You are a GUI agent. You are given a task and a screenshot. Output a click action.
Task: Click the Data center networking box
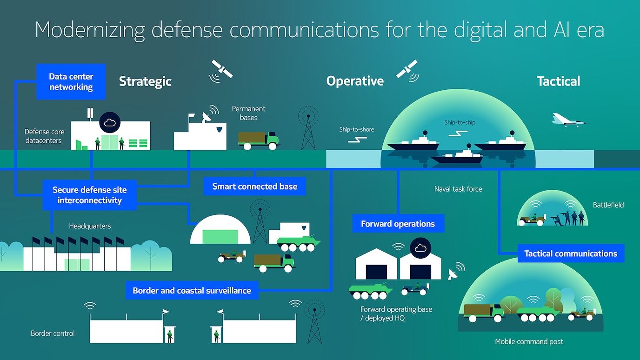(x=71, y=82)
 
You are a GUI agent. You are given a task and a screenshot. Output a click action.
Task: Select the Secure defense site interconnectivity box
(x=90, y=195)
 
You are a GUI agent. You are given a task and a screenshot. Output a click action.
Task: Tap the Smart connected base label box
(x=255, y=187)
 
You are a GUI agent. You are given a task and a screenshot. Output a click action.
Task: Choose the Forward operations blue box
(x=398, y=224)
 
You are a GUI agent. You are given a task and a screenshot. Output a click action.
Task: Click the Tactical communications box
(x=571, y=253)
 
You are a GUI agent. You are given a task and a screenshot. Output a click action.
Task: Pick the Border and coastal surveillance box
(x=192, y=291)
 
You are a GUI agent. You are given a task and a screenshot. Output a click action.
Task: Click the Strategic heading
(x=145, y=81)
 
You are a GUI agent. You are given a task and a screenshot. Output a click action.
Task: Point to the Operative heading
(x=355, y=81)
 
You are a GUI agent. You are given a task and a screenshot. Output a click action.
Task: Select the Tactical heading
(x=558, y=81)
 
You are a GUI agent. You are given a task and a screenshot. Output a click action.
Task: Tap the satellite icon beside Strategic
(x=221, y=69)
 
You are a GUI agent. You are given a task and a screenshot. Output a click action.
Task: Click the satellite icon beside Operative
(x=407, y=69)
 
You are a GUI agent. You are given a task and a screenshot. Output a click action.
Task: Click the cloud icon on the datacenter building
(x=110, y=123)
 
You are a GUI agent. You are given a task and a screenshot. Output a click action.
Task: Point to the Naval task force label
(x=458, y=189)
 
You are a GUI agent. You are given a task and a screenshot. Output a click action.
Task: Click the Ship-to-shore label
(x=356, y=129)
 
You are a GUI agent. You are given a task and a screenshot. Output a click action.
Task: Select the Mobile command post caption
(x=529, y=341)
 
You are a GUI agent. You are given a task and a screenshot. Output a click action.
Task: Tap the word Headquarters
(x=90, y=226)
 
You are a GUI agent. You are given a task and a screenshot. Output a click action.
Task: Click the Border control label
(x=53, y=333)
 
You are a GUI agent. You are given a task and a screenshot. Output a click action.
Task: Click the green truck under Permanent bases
(x=259, y=140)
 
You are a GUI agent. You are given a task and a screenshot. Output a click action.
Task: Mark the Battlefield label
(x=608, y=205)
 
